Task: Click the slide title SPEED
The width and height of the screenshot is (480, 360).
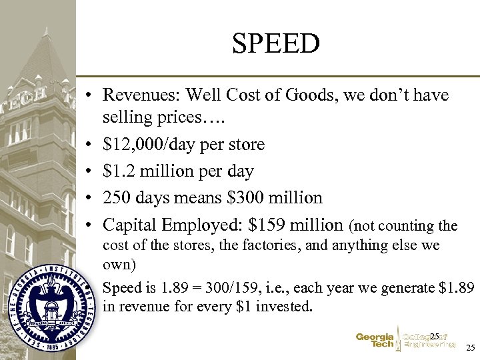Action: point(276,44)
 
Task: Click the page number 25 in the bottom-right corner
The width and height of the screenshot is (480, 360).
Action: point(470,348)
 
